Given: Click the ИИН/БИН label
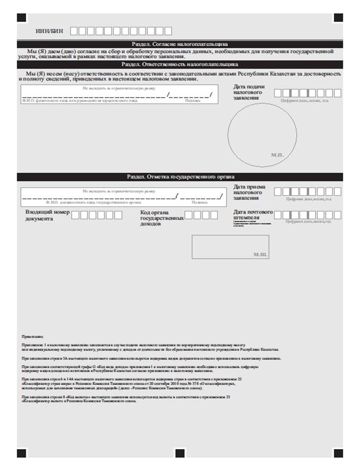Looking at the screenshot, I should [49, 30].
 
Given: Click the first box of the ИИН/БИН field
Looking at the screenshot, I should [74, 30].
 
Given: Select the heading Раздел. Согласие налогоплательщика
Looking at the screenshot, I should [180, 45].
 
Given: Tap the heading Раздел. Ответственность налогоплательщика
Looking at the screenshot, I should [180, 65].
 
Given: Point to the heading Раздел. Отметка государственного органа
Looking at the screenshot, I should [180, 176].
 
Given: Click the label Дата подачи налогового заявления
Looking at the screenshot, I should [249, 93].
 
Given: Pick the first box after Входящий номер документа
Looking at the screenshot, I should [75, 215].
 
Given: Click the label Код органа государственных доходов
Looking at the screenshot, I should [161, 217].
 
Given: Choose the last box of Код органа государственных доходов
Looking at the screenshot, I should [214, 215].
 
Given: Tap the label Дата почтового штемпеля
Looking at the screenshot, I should [253, 215].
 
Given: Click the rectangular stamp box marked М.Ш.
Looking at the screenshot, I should [230, 246].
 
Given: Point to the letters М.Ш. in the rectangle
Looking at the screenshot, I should [260, 253].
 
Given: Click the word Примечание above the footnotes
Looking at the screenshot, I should [32, 337].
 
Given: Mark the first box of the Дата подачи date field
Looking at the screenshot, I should [278, 93].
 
